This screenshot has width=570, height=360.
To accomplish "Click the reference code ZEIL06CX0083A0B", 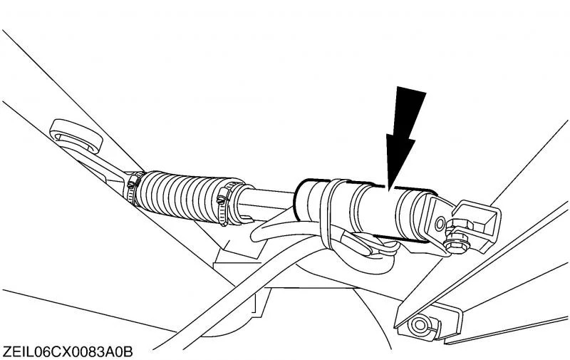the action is point(68,352).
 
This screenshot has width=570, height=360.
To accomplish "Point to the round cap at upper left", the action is point(75,135).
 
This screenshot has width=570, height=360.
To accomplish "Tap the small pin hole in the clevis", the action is point(440,224).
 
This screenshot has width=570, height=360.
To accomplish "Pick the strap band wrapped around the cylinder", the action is point(329,215).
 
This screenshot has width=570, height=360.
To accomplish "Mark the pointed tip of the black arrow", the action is point(389,190).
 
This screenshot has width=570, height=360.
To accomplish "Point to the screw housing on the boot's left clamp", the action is point(133,181).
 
